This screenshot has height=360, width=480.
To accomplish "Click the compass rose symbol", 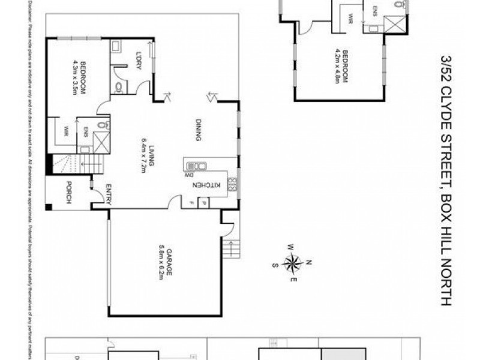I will tap(292, 262).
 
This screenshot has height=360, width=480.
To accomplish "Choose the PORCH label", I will tap(69, 193).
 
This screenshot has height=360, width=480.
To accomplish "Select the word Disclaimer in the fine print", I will tap(28, 18).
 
